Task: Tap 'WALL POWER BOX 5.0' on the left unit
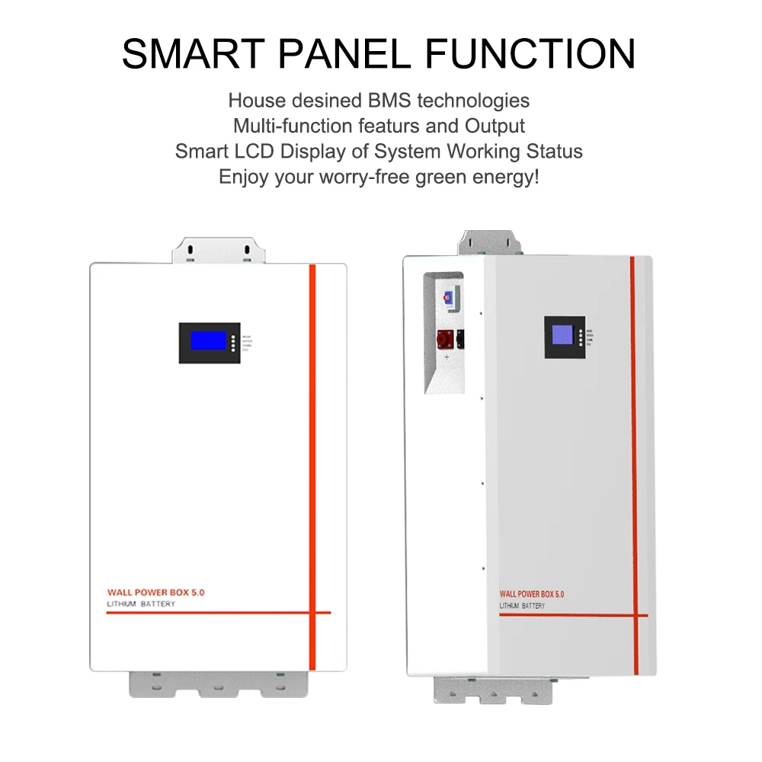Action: [156, 591]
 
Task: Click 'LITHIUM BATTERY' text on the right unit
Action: [522, 606]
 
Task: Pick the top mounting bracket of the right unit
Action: [491, 242]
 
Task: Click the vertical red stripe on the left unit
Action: [312, 457]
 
